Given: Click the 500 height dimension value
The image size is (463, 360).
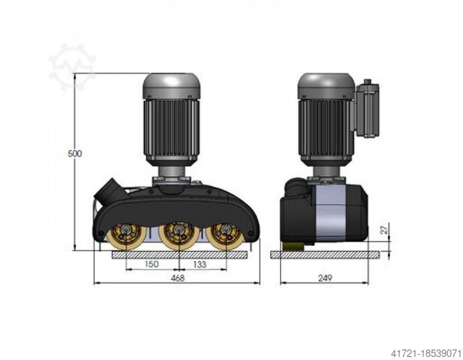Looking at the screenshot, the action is (x=75, y=154).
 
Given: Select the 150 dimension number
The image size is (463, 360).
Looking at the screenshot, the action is (x=152, y=264).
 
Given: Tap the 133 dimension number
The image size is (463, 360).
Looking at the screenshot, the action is (x=200, y=264).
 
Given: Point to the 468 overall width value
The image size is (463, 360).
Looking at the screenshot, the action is (x=178, y=278).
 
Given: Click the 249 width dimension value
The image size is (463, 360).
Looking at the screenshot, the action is (x=325, y=278).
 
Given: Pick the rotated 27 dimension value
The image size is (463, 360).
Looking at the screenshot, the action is (x=384, y=229).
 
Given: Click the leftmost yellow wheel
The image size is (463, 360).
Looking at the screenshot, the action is (x=126, y=235).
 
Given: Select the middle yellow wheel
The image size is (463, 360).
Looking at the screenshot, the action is (x=179, y=235).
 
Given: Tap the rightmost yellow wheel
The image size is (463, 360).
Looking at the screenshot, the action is (x=225, y=235).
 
